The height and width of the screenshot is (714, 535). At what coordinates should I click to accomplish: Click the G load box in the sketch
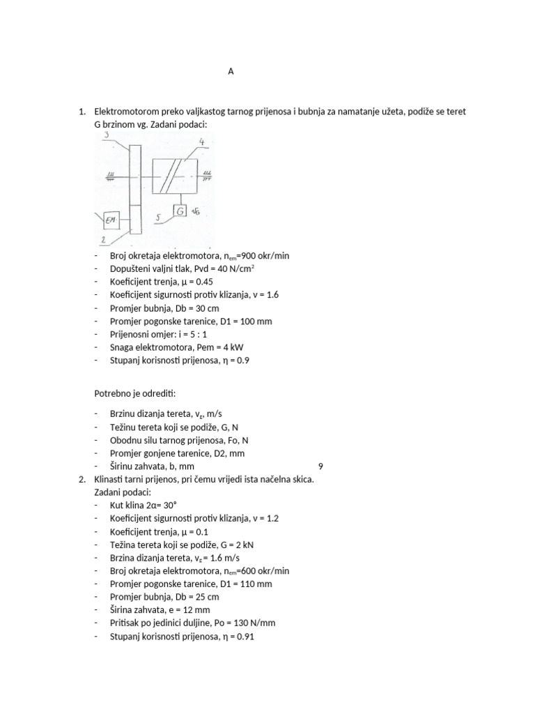(x=180, y=211)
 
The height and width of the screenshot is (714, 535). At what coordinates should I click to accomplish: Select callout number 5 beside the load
(x=160, y=217)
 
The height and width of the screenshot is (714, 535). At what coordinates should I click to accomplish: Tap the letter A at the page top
(x=231, y=71)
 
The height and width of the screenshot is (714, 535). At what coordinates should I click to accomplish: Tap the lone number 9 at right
(x=320, y=466)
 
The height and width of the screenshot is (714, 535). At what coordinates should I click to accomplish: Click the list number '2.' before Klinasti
(x=82, y=479)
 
